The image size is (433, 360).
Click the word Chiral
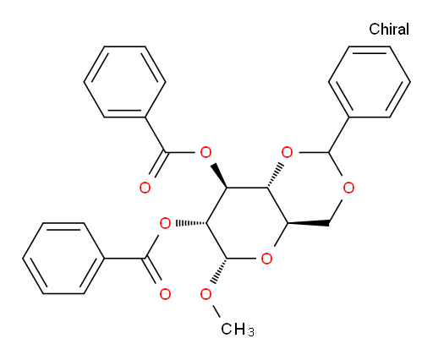[389, 29]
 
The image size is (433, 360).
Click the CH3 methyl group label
[238, 329]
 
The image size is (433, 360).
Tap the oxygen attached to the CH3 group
[206, 294]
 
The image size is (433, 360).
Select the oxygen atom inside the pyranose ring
[266, 259]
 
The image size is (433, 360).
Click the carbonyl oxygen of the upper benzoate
[145, 188]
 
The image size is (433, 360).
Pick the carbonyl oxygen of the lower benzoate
[165, 294]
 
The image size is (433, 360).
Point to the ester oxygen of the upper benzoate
[206, 152]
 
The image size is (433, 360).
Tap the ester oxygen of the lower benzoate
[165, 223]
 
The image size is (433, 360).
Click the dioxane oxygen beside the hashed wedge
[287, 152]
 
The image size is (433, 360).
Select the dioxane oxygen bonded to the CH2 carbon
[348, 188]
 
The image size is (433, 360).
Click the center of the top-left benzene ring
[124, 82]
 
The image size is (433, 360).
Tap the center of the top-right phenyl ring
[370, 82]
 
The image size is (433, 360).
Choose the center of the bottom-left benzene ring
[63, 259]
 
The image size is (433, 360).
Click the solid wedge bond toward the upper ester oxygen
[219, 175]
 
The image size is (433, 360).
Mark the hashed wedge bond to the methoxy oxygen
[219, 271]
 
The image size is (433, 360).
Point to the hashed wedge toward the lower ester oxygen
[191, 223]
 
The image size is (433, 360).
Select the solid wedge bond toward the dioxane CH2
[308, 223]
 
